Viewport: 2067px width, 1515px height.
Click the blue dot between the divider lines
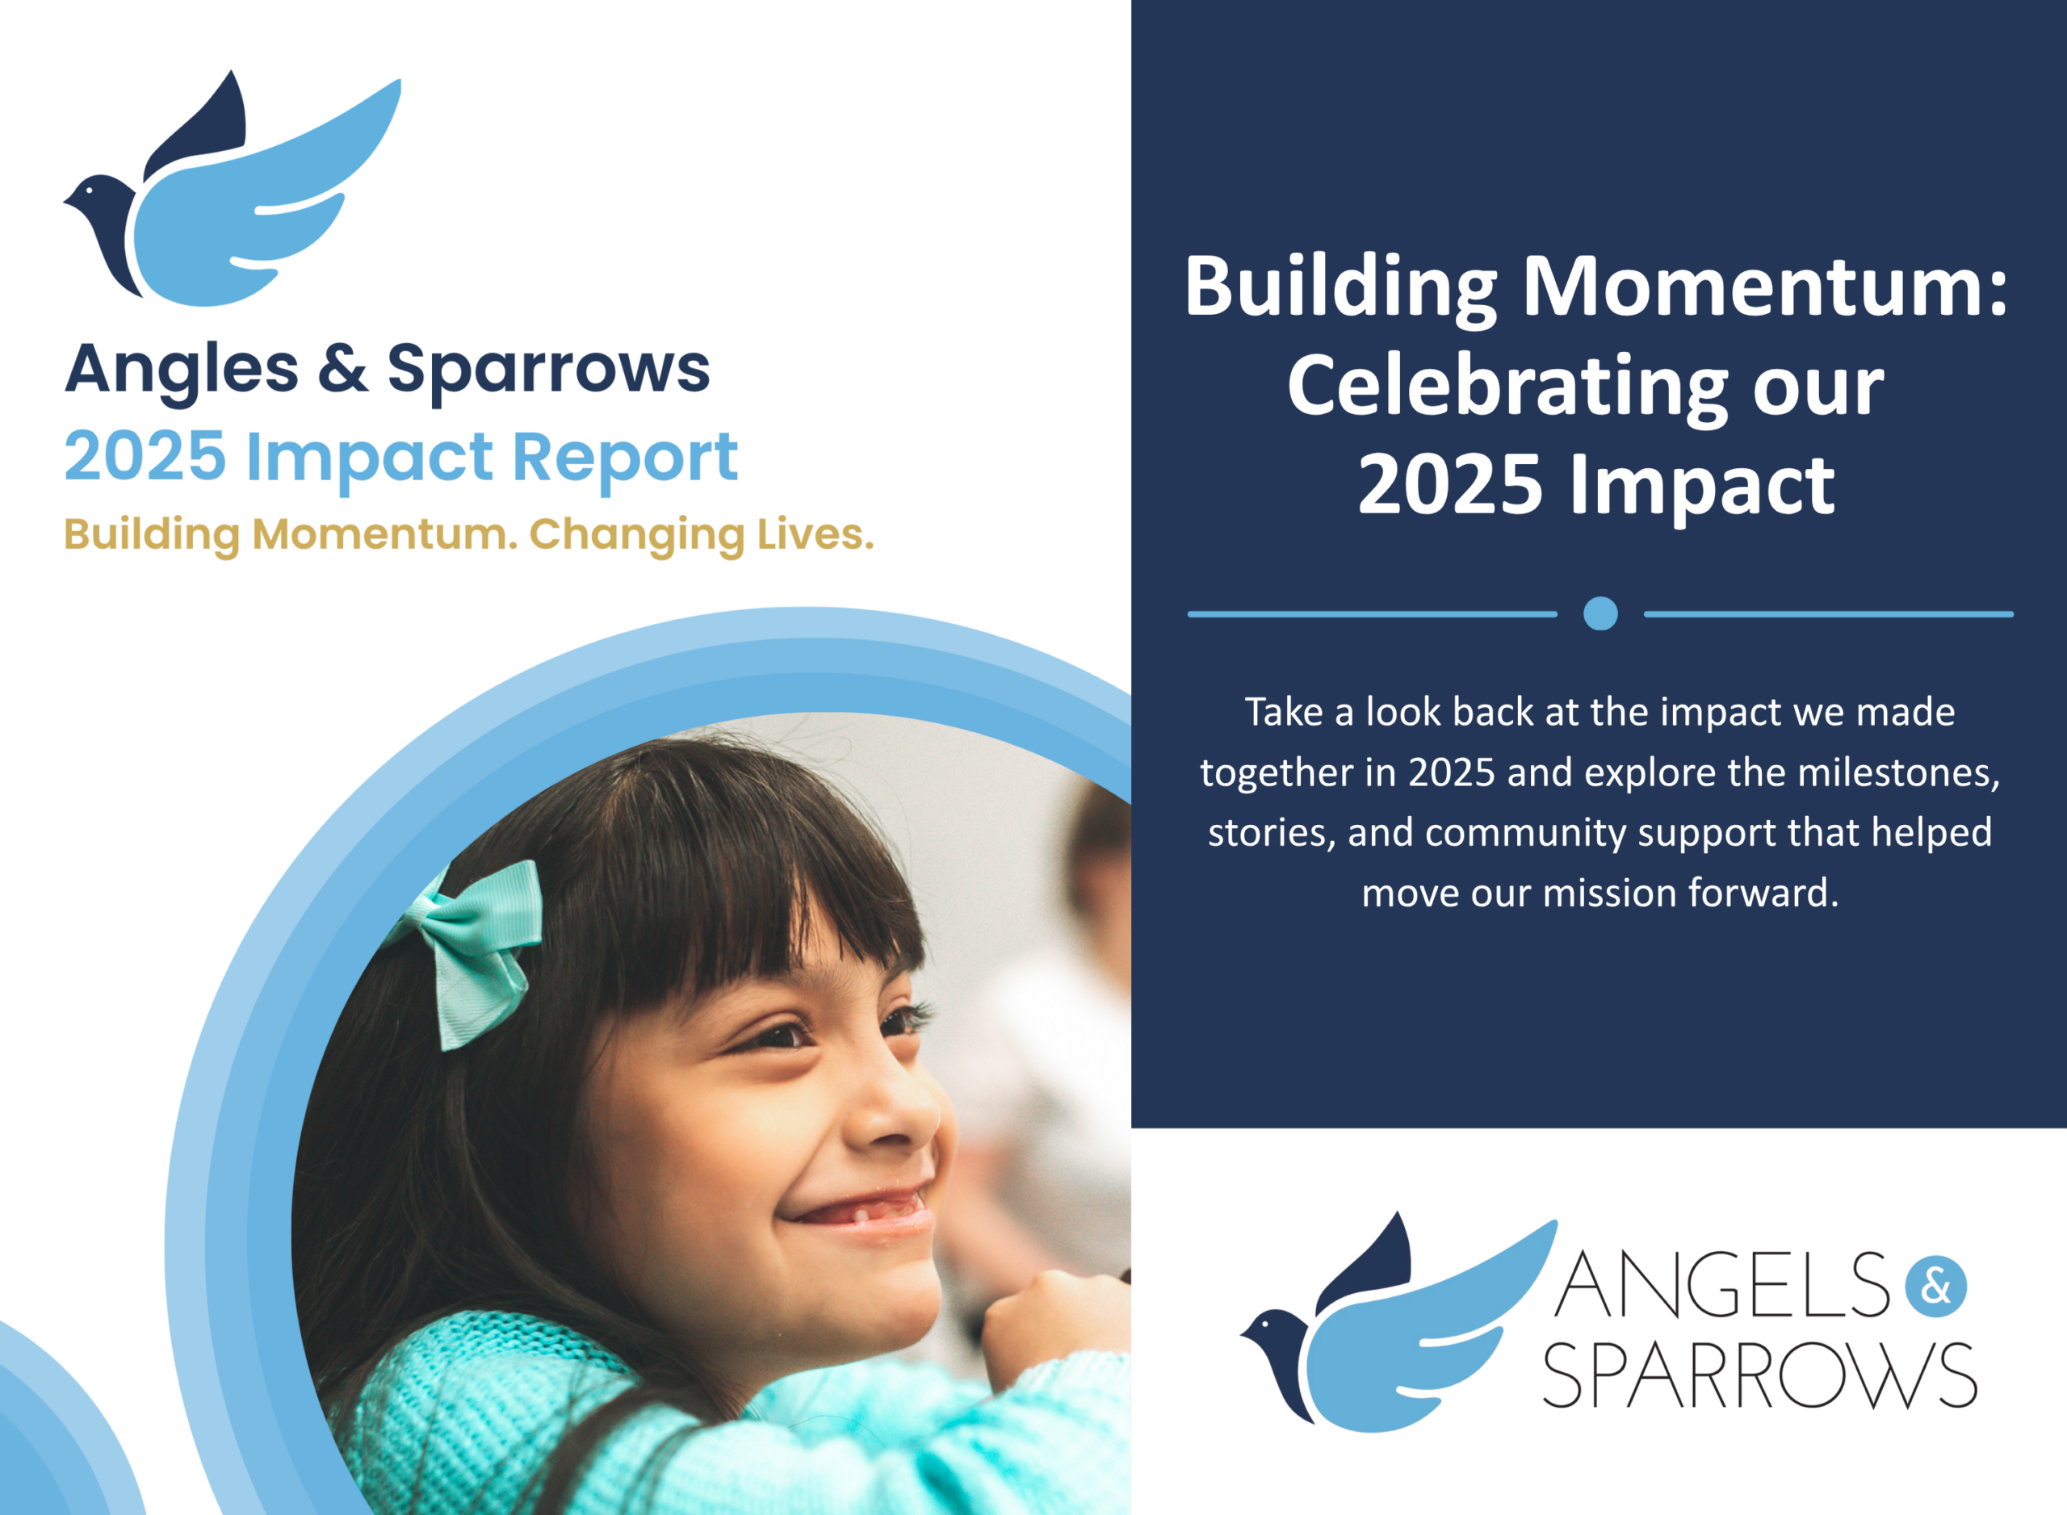point(1600,613)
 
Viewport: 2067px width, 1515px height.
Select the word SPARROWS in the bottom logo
point(1759,1375)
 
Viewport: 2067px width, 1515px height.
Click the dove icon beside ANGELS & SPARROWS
point(1398,1321)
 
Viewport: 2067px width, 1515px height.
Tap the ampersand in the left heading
point(343,369)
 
